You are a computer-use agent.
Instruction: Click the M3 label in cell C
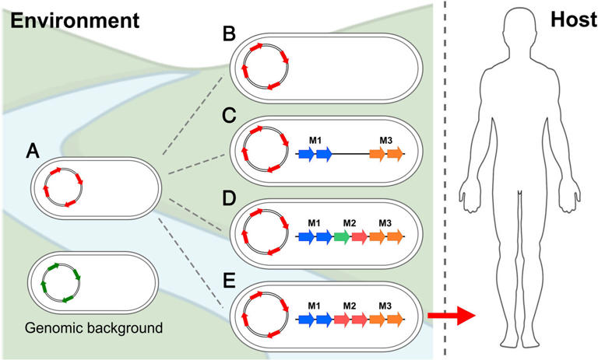coord(385,139)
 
